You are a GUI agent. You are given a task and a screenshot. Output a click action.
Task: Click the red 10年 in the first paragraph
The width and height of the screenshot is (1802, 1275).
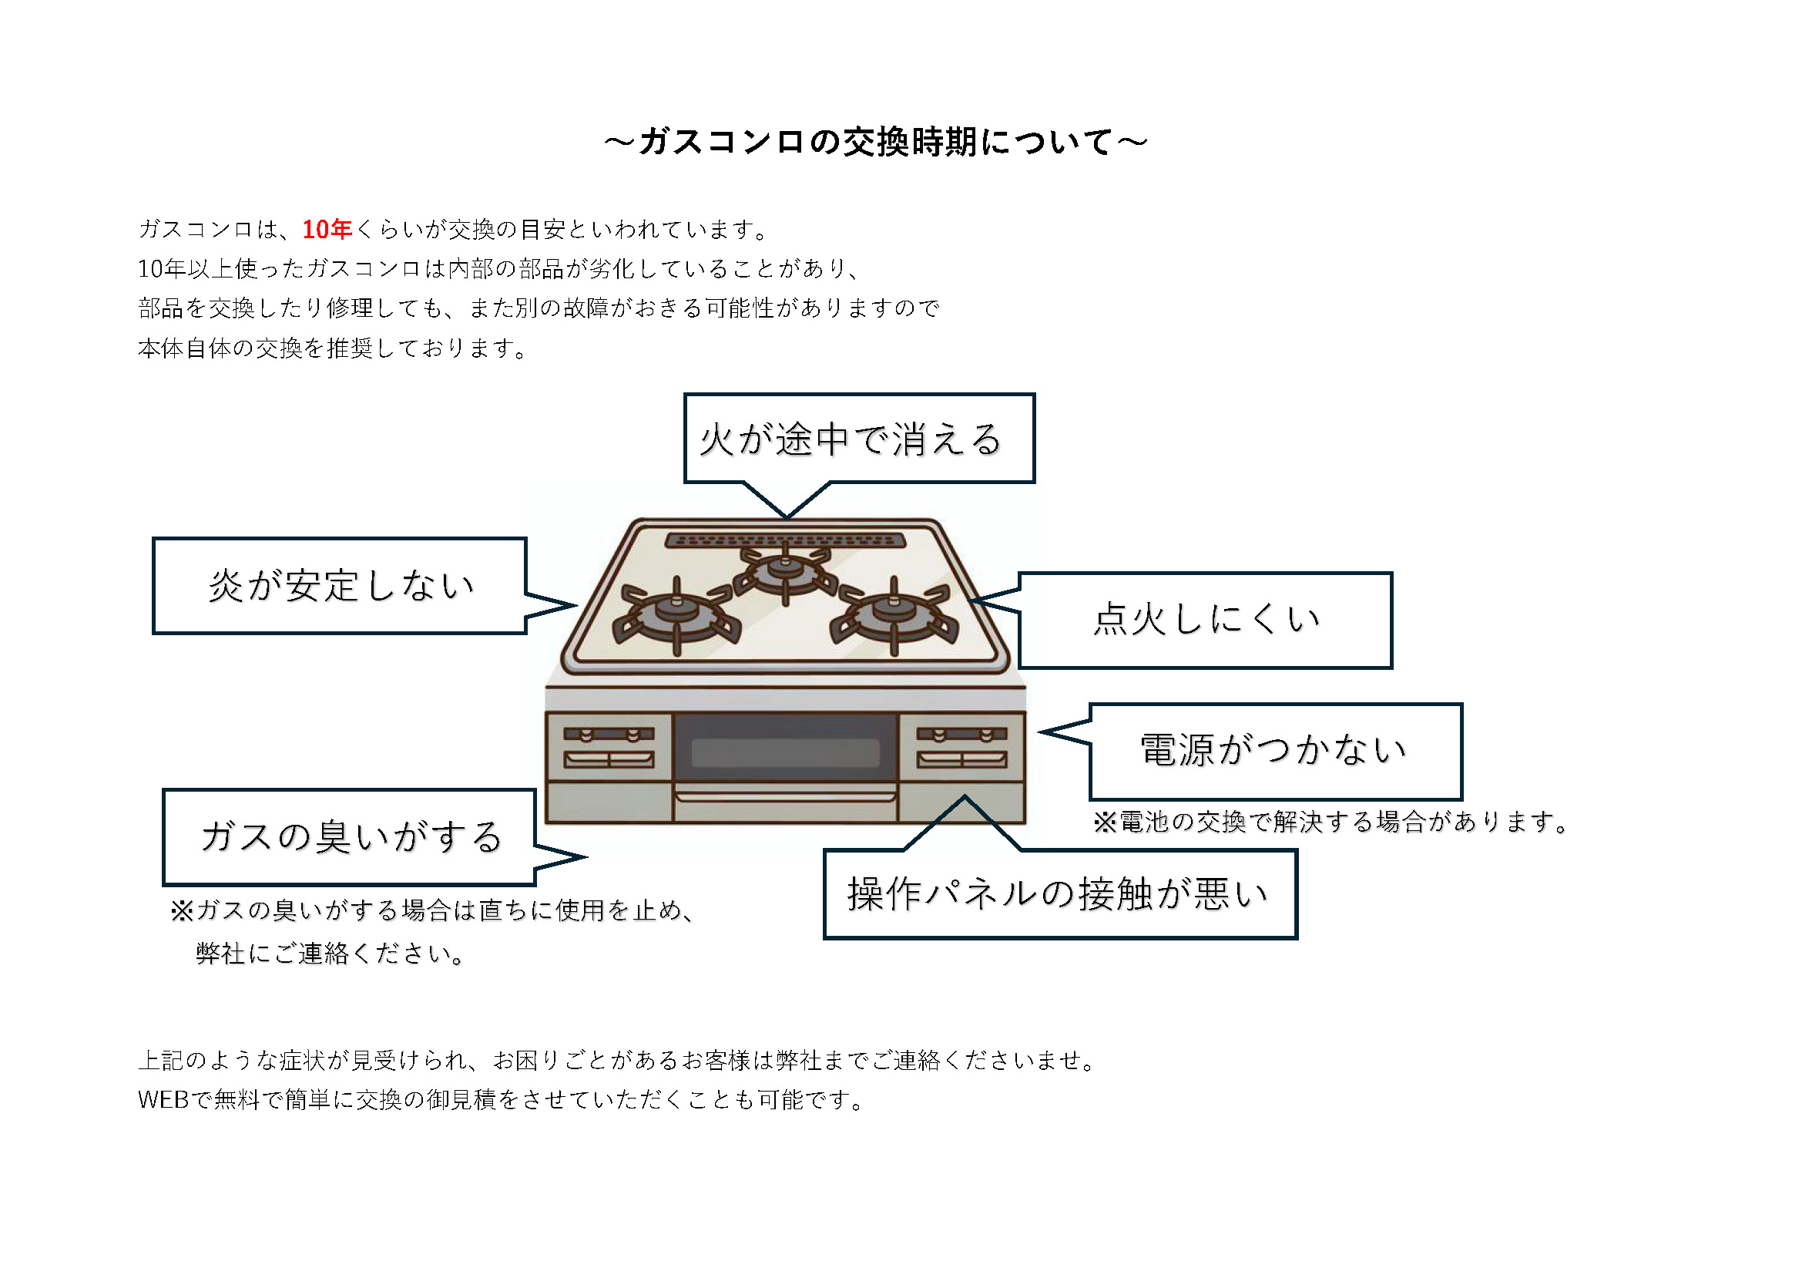[x=327, y=229]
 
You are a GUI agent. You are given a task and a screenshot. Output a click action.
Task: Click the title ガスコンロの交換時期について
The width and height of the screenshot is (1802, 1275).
[x=876, y=142]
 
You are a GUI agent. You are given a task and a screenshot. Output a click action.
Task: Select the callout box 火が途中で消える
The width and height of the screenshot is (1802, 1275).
[x=860, y=438]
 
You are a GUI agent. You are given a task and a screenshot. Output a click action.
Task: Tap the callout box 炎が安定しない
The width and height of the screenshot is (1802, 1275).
[x=339, y=586]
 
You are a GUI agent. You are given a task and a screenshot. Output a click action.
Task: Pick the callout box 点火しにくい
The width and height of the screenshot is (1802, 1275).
[x=1206, y=621]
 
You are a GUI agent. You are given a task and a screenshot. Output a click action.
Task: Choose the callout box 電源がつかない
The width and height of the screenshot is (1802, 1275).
[x=1276, y=752]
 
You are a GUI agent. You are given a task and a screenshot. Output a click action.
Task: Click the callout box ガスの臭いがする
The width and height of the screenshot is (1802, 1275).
[x=349, y=838]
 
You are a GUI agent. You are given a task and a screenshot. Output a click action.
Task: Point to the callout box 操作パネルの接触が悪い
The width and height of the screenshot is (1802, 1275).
[x=1060, y=893]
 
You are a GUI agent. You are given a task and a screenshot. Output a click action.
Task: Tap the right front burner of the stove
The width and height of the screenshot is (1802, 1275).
[x=894, y=614]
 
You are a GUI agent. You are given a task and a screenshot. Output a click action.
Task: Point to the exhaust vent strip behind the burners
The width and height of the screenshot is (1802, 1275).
[x=785, y=540]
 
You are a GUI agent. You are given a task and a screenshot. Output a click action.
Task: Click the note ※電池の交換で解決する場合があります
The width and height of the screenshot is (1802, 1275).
[x=1331, y=822]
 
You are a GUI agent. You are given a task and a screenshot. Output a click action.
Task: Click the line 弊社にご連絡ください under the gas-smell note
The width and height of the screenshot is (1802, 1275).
[x=330, y=954]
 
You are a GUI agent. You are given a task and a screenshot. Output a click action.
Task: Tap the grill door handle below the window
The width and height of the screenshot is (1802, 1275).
[x=785, y=797]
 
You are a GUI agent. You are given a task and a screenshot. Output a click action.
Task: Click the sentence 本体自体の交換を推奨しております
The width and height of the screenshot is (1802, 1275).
[x=334, y=348]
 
